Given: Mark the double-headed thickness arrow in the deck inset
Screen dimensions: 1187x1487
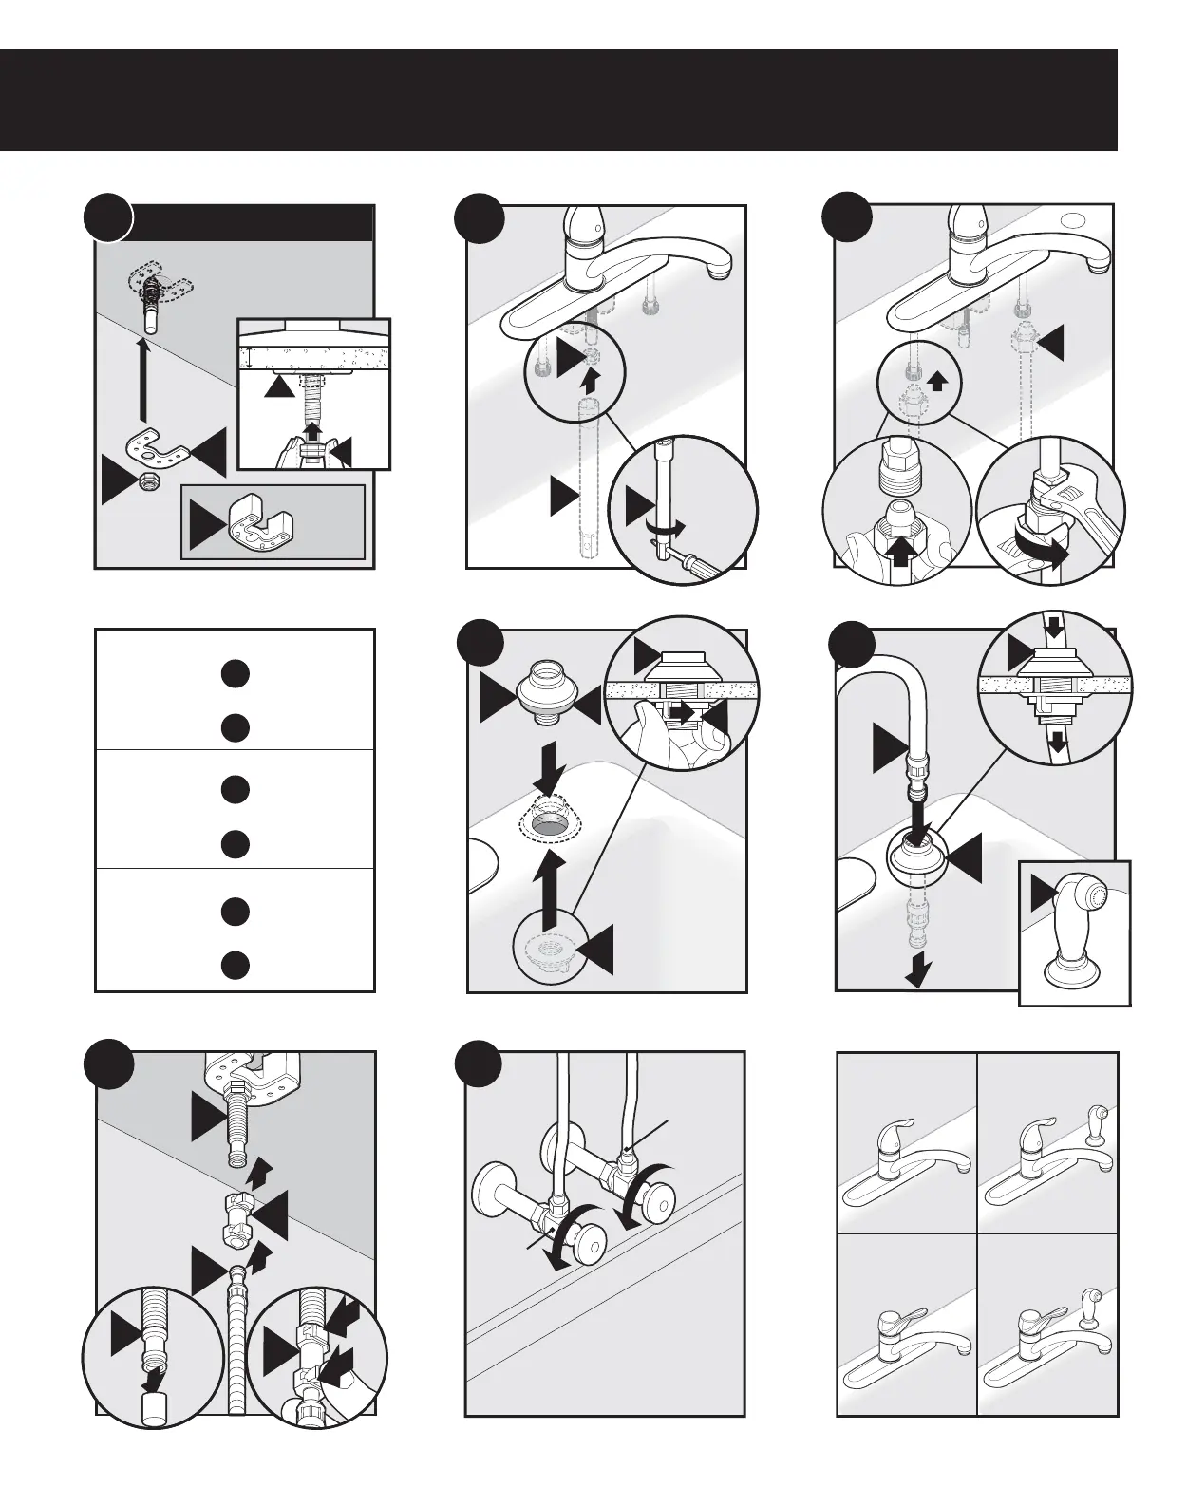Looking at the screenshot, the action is [x=248, y=358].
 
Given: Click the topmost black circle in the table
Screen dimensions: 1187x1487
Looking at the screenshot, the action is [x=236, y=673].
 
